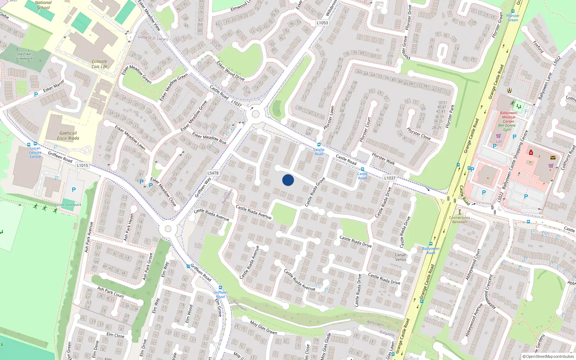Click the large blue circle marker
(x=288, y=180)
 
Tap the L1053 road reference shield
(x=322, y=23)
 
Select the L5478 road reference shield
(x=213, y=173)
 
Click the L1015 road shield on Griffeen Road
(x=82, y=166)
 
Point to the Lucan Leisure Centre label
(x=35, y=153)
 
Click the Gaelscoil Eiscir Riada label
(x=68, y=136)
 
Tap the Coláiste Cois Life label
(x=99, y=64)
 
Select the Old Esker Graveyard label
(x=24, y=56)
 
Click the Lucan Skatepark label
(x=68, y=205)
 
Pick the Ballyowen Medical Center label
(x=508, y=117)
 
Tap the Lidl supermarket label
(x=499, y=141)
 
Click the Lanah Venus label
(x=401, y=257)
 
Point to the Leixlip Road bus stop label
(x=319, y=152)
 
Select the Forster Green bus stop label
(x=513, y=18)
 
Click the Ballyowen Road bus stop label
(x=431, y=251)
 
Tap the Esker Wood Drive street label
(x=230, y=71)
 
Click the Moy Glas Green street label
(x=263, y=328)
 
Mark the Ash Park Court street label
(x=111, y=292)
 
